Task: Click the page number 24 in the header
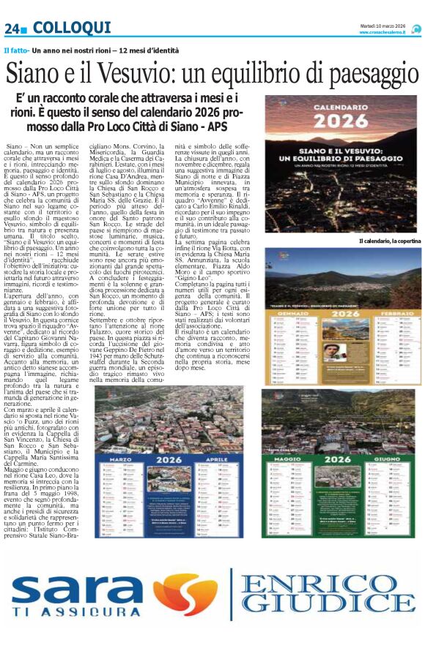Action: click(x=12, y=29)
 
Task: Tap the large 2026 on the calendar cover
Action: click(x=342, y=120)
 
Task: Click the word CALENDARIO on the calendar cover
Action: click(x=342, y=105)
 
